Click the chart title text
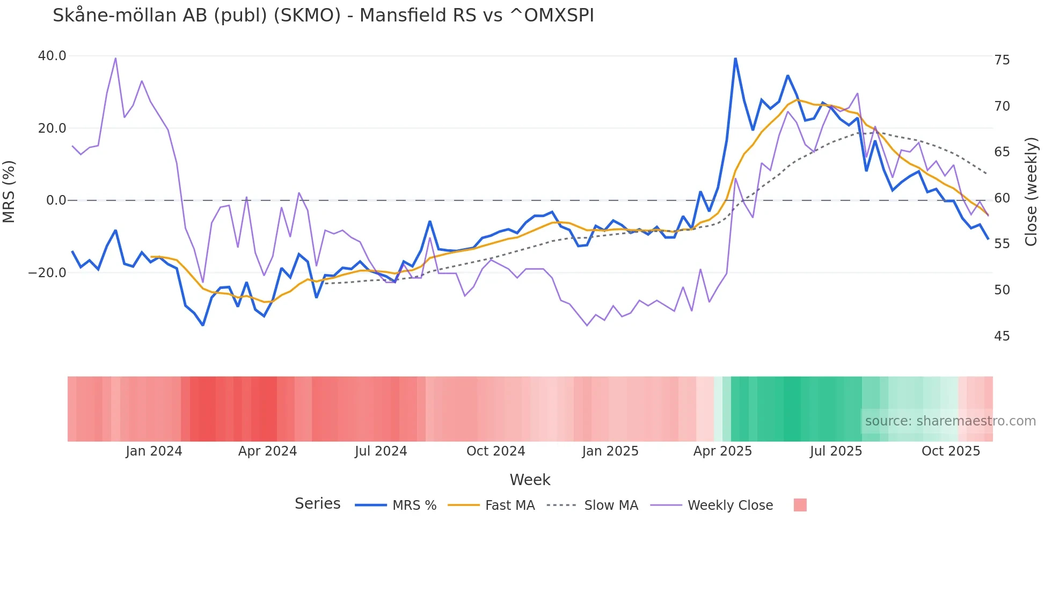click(x=323, y=16)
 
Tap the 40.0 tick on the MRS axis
click(x=52, y=56)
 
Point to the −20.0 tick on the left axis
click(x=48, y=273)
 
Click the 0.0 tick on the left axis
click(x=56, y=200)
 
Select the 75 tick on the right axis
click(x=1002, y=60)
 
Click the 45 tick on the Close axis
click(x=1002, y=336)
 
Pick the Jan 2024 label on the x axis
click(x=154, y=451)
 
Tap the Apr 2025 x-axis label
click(x=722, y=451)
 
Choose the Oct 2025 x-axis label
click(x=951, y=451)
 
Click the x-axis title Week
click(x=530, y=480)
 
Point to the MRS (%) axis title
click(x=9, y=192)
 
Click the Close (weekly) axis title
click(x=1031, y=192)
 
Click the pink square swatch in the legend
click(x=800, y=505)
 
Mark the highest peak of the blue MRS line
click(x=735, y=58)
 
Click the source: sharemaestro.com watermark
click(x=950, y=421)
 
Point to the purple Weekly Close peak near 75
click(x=115, y=58)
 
